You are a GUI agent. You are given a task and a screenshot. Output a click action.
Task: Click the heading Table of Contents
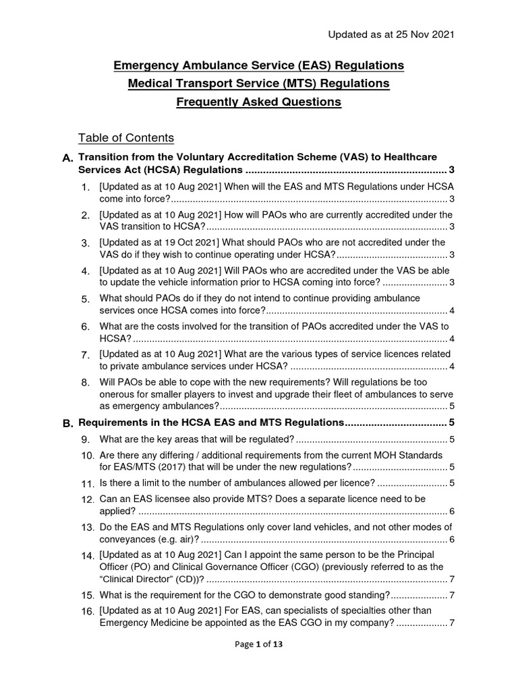(126, 138)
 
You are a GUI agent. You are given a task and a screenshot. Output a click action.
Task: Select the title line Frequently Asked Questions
(259, 102)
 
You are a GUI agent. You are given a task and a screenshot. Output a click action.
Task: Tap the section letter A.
(67, 158)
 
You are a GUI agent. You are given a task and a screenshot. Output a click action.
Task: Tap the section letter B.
(67, 423)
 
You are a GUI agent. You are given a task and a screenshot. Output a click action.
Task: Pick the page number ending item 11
(452, 482)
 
